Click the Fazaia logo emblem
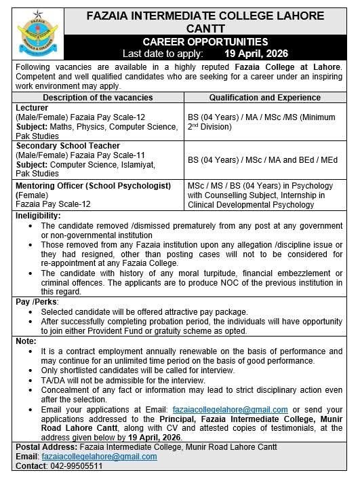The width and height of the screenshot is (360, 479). [37, 32]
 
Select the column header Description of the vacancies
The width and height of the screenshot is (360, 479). [98, 98]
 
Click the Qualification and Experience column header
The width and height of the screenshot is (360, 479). [266, 98]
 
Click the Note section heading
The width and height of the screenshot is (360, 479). [26, 340]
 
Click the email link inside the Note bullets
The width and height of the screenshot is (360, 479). [231, 410]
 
